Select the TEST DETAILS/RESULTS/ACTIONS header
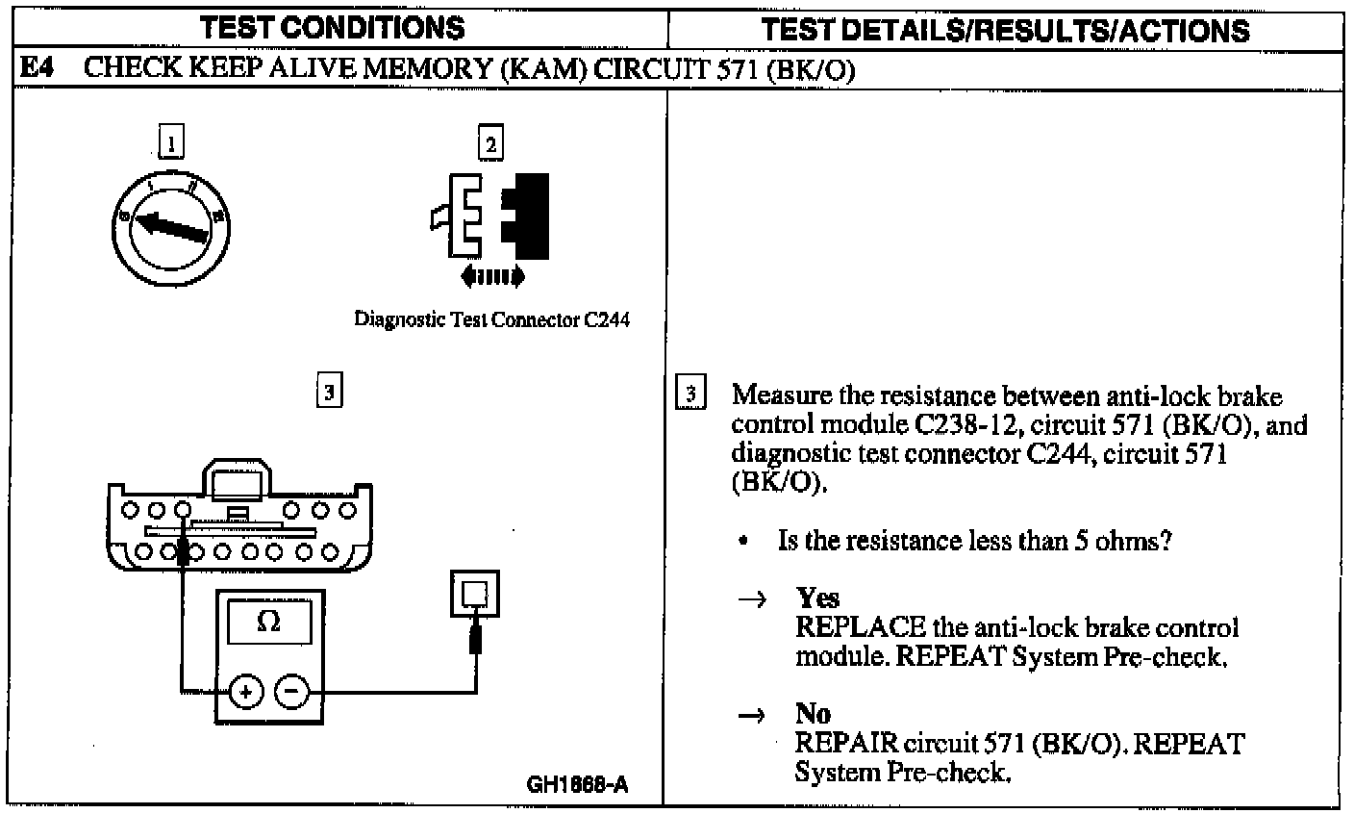coord(1005,29)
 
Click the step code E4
coord(38,68)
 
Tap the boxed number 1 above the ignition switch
coord(171,144)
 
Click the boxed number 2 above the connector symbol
coord(490,144)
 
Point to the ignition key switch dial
coord(174,227)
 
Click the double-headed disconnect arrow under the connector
coord(492,277)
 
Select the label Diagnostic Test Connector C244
coord(492,320)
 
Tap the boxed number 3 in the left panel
coord(329,392)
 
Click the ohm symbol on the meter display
coord(268,623)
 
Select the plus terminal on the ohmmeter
coord(245,691)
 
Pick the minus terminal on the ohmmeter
coord(293,691)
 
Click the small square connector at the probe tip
coord(475,593)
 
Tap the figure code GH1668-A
coord(577,784)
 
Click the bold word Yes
coord(817,598)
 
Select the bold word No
coord(813,714)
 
